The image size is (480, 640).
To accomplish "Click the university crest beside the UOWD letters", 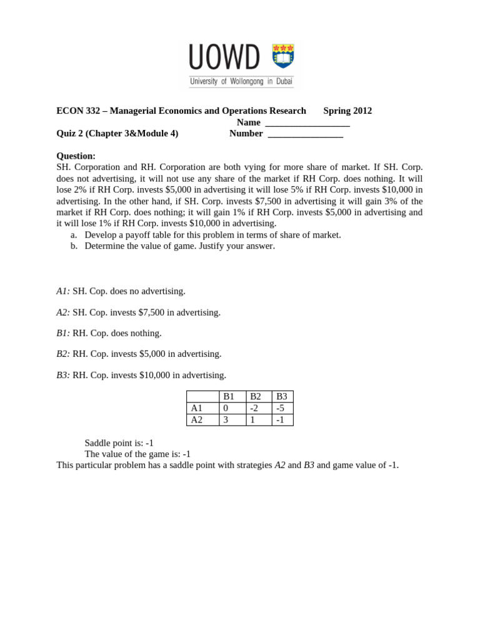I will pos(283,56).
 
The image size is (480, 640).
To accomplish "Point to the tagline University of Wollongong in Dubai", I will pos(241,81).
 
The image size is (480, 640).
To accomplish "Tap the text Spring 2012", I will pos(347,111).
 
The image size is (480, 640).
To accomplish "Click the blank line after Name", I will pos(307,122).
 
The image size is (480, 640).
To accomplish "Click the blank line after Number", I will pos(305,134).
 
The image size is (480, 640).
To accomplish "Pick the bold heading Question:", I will pos(76,156).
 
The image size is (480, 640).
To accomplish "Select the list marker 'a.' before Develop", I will pos(74,235).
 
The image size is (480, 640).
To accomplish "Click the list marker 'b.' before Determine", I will pos(74,246).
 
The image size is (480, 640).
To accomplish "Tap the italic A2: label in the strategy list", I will pos(63,312).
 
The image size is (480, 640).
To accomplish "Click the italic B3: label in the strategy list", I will pos(63,375).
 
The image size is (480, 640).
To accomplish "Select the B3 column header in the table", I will pos(282,397).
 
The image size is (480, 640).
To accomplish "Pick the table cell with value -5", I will pos(282,408).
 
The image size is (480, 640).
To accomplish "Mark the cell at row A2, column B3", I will pos(282,420).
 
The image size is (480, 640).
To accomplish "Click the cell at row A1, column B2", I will pos(259,408).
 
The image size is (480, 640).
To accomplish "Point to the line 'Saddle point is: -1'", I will pos(119,442).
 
